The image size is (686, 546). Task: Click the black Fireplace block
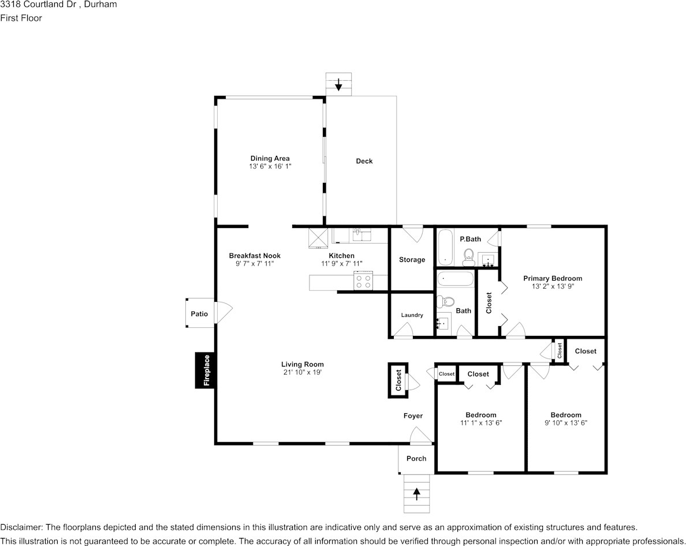click(205, 371)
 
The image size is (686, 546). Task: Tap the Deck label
click(364, 161)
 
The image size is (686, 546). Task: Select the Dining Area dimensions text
click(270, 166)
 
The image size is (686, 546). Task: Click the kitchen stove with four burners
click(363, 280)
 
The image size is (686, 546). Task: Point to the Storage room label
click(412, 260)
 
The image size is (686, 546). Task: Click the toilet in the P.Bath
click(469, 257)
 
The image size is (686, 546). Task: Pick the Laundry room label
click(412, 315)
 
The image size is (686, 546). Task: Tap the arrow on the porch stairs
click(417, 493)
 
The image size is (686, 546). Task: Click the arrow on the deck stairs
click(338, 84)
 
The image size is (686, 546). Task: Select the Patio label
click(199, 314)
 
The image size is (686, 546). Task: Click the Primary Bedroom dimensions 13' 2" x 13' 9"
click(553, 286)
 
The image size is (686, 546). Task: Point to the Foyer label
click(413, 416)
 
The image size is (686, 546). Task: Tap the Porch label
click(416, 458)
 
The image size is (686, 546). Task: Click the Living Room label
click(303, 364)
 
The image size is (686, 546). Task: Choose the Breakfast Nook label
click(255, 256)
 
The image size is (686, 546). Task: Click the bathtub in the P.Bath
click(446, 246)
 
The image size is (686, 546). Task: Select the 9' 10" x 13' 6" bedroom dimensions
click(566, 422)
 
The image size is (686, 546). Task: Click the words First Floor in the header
click(21, 18)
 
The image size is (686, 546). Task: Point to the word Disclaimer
click(20, 527)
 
